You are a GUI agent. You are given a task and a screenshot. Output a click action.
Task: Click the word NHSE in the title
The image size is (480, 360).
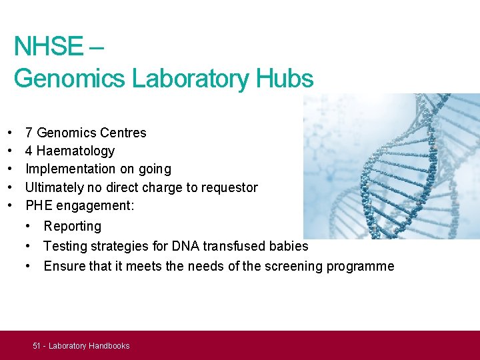(48, 47)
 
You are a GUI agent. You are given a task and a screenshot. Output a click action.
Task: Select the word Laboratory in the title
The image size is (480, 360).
(191, 79)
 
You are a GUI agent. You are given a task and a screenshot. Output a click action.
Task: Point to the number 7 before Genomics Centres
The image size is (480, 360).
(29, 133)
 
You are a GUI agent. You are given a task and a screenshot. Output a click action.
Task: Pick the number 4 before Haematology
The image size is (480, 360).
(29, 151)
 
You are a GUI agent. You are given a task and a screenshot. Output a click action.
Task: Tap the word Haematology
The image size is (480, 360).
(75, 151)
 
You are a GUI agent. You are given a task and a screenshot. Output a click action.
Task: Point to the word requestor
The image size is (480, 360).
(229, 188)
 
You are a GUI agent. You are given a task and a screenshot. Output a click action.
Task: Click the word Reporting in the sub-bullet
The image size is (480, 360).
(73, 227)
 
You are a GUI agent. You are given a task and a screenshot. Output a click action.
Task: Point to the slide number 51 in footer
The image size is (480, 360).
(37, 346)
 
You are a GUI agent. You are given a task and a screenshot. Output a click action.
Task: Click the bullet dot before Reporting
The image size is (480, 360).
(29, 227)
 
